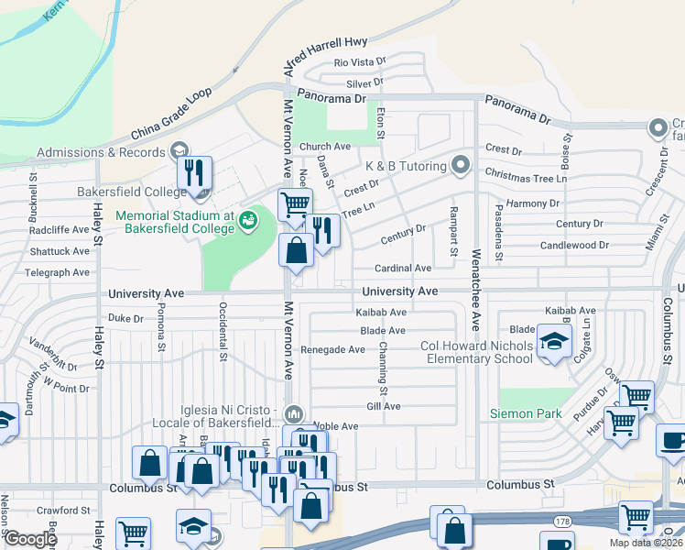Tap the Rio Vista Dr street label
coord(361,62)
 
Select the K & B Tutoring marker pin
coord(461,166)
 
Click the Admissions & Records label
coord(100,152)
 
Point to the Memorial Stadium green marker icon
coord(248,220)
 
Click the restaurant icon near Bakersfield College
coord(195,173)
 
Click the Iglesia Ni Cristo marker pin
coord(293,412)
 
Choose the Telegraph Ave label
coord(57,272)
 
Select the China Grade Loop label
coord(171,114)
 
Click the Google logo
coord(31,539)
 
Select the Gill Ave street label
coord(383,406)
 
